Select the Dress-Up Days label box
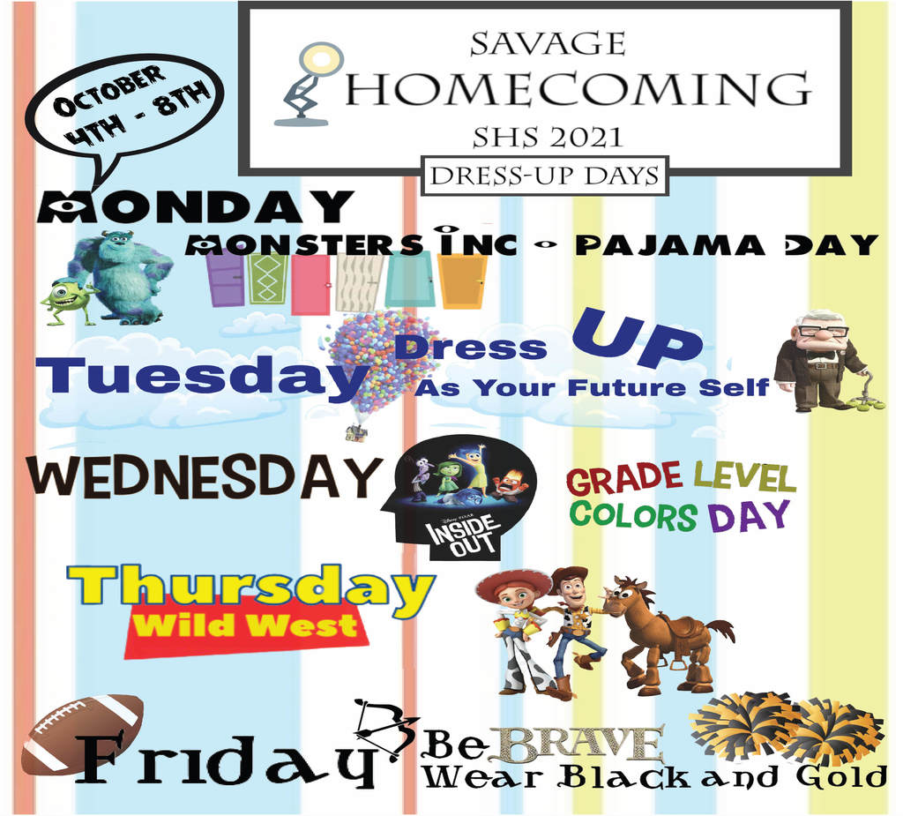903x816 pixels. [x=545, y=176]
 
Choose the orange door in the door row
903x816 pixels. [x=462, y=282]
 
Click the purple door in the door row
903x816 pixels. [x=226, y=280]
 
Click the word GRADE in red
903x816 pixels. [x=624, y=479]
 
